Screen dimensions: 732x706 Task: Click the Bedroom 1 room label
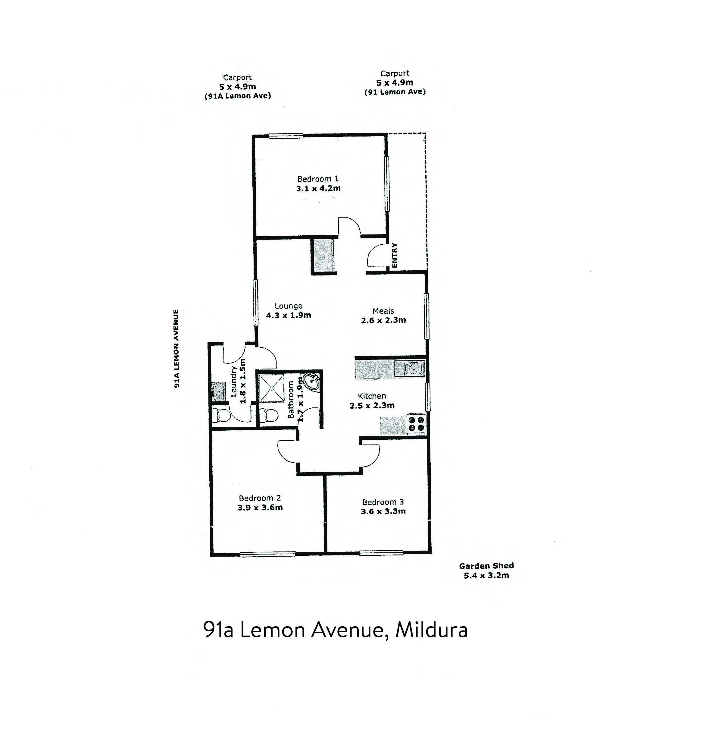(318, 179)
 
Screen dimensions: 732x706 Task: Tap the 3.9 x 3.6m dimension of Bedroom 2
(260, 507)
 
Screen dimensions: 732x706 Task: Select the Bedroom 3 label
(383, 502)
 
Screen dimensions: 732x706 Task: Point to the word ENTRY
(395, 256)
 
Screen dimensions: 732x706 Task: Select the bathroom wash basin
(311, 382)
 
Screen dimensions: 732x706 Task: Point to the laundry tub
(218, 391)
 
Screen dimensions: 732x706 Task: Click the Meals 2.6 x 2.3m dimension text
(383, 320)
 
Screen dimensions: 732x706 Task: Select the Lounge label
(288, 306)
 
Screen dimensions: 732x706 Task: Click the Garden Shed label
(486, 566)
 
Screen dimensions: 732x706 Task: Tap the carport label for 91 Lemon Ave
(395, 83)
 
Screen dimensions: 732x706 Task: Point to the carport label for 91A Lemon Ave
(237, 87)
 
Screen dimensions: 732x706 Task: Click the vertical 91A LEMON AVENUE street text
(176, 348)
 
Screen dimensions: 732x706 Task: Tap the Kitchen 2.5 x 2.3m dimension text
(372, 405)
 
